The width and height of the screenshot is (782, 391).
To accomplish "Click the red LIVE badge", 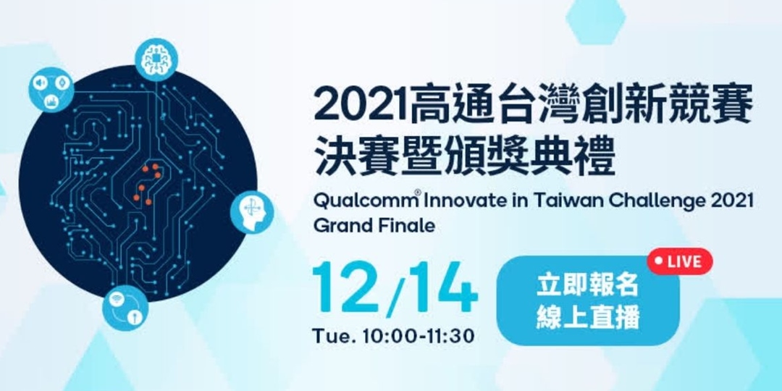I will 680,261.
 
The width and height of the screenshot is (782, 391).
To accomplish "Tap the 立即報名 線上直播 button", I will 588,300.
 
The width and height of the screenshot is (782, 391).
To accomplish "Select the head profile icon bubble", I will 253,213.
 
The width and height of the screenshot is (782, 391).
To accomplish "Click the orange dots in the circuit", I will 149,183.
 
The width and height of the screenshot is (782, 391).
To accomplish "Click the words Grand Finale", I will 374,225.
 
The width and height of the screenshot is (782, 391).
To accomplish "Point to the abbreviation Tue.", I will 329,336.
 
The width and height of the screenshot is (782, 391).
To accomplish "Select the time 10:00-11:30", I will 412,336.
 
